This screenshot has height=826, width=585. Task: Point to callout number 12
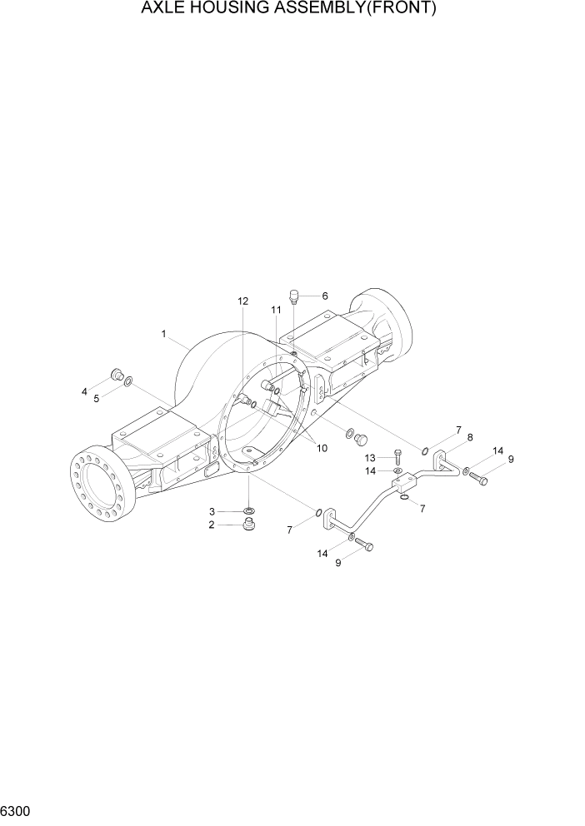(242, 301)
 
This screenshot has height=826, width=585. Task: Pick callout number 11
(275, 310)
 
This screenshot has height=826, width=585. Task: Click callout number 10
(321, 447)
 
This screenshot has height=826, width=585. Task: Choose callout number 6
(324, 296)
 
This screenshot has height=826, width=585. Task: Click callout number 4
(85, 391)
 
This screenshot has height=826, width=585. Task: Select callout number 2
(212, 525)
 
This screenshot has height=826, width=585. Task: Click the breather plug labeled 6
(294, 296)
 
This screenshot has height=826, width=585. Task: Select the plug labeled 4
(117, 373)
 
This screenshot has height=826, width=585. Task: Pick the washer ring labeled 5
(127, 381)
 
